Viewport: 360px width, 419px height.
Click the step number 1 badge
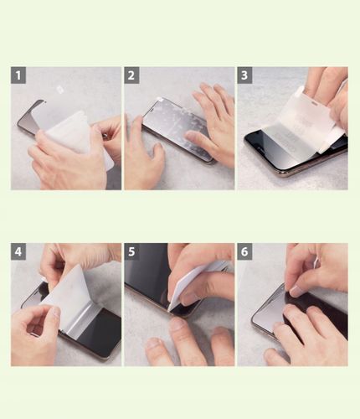click(18, 75)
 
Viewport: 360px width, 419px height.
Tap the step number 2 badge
click(131, 75)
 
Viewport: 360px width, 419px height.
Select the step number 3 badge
click(244, 75)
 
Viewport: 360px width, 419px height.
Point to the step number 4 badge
click(18, 251)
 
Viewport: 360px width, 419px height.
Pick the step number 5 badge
click(131, 251)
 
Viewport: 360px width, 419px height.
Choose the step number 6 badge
click(244, 251)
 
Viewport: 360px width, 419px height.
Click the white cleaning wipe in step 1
click(75, 134)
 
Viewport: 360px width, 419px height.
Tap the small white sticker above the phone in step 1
click(59, 90)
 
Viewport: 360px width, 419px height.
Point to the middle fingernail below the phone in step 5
click(177, 325)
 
